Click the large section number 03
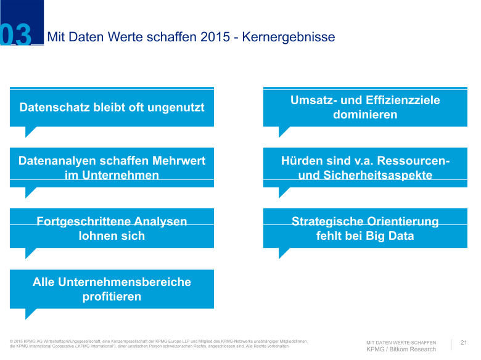[x=15, y=35]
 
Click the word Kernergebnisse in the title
[x=289, y=37]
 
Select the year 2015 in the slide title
[x=215, y=37]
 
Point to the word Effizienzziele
[x=403, y=100]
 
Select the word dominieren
[x=365, y=115]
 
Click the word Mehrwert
[x=179, y=161]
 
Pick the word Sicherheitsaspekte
[x=377, y=175]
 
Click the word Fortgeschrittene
[x=83, y=221]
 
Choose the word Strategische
[x=327, y=221]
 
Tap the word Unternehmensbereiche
[x=124, y=282]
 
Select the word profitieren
[x=112, y=297]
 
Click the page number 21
[x=464, y=343]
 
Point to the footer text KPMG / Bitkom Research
[x=401, y=350]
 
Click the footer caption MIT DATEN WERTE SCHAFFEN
[x=401, y=343]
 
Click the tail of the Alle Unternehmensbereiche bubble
[x=29, y=313]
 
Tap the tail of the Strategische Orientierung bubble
[x=282, y=252]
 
